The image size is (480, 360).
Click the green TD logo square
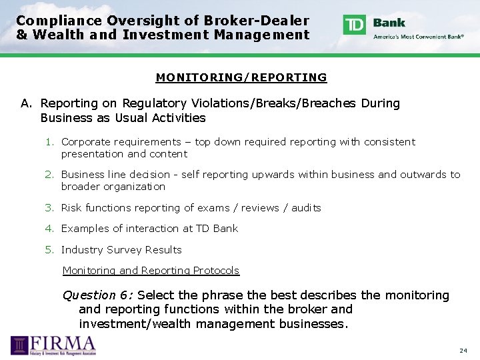[354, 25]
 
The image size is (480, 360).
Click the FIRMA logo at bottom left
[53, 345]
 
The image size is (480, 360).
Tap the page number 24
[463, 350]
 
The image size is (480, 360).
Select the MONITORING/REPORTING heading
[241, 77]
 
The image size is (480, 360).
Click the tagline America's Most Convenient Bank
[419, 37]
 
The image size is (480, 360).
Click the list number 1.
[49, 142]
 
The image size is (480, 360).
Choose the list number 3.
[49, 208]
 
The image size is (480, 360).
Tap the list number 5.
[49, 250]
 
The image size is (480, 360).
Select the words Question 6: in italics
[97, 295]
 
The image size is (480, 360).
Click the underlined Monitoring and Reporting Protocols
[151, 271]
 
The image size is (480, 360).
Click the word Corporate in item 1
[84, 142]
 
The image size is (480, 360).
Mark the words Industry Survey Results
[121, 250]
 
